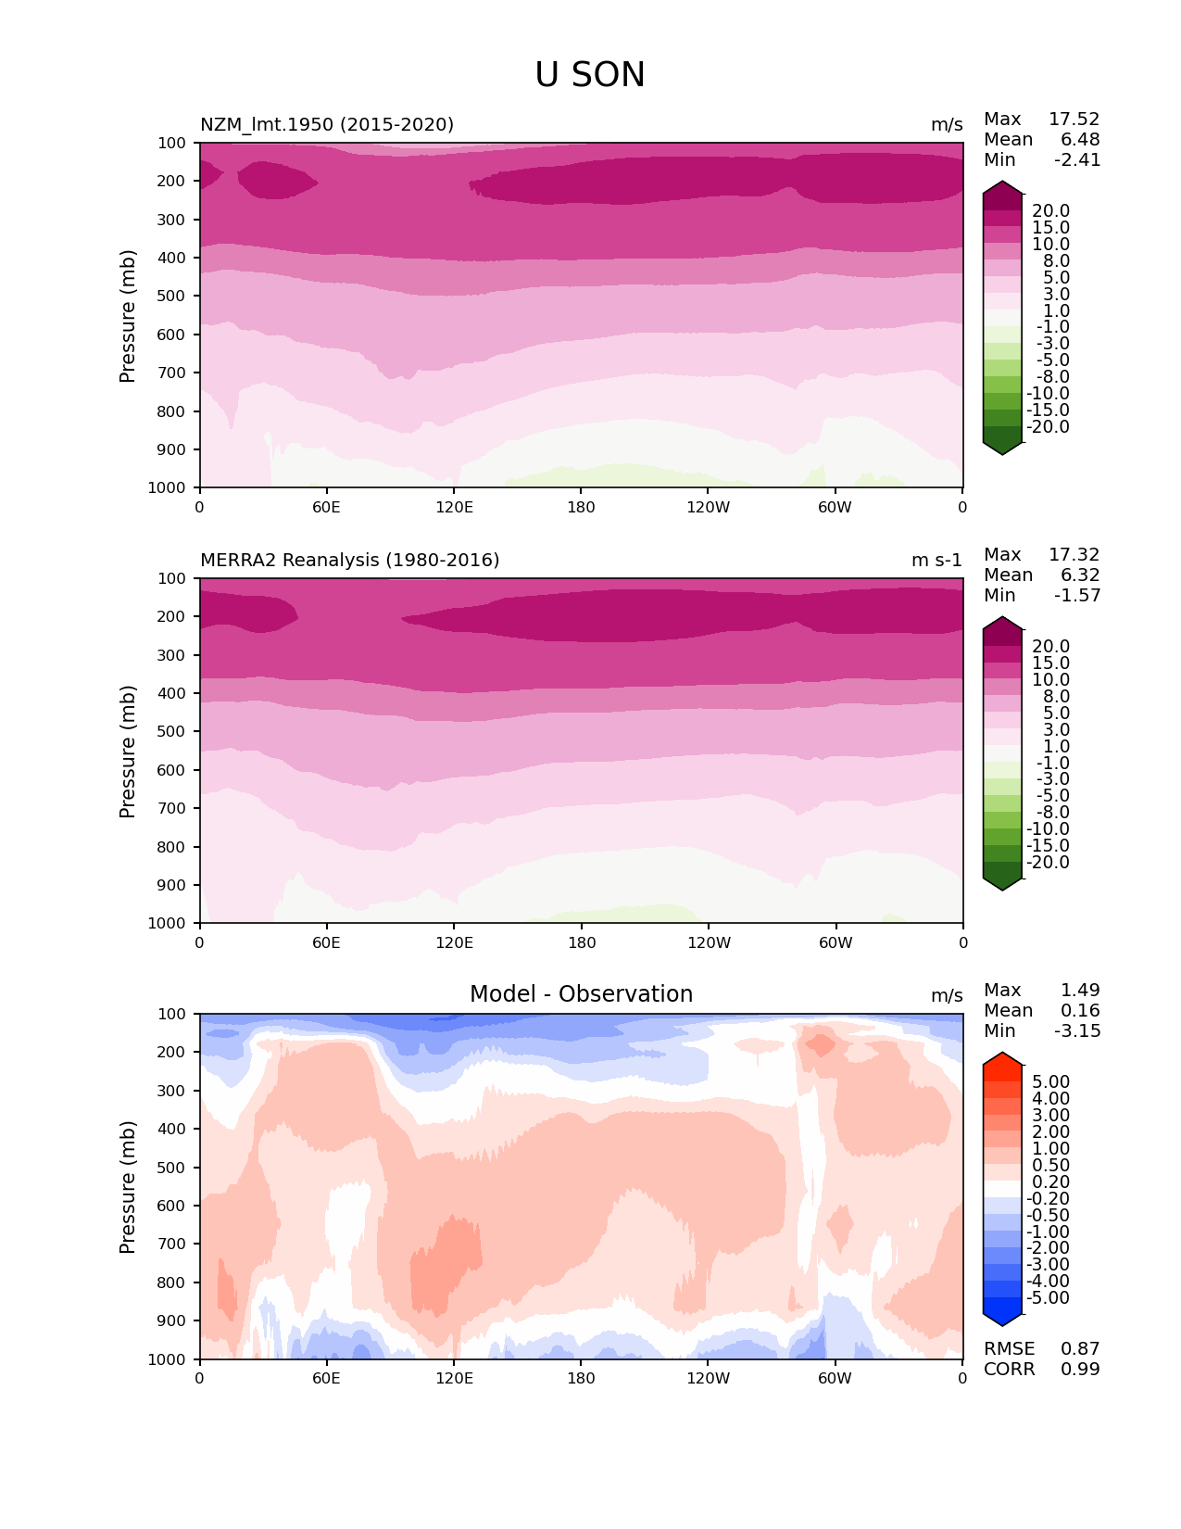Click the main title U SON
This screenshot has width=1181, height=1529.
click(590, 75)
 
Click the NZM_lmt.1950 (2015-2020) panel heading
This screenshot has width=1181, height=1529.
click(327, 124)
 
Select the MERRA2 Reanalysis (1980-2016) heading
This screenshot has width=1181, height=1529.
click(349, 560)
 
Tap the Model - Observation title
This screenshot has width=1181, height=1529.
click(581, 994)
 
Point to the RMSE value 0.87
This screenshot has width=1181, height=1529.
click(1080, 1348)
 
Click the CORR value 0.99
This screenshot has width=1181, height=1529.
click(1080, 1369)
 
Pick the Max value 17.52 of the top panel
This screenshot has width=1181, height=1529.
click(1074, 119)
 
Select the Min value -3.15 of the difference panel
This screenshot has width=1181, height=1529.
click(1077, 1030)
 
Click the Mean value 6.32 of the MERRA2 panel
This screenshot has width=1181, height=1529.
click(1080, 575)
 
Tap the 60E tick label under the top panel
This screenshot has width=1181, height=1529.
click(326, 507)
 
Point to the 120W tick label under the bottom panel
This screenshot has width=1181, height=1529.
click(709, 1378)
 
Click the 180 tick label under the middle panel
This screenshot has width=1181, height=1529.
click(581, 942)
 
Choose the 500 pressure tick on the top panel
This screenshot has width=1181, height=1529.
click(171, 296)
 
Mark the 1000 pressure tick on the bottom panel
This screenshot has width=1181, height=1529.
click(168, 1359)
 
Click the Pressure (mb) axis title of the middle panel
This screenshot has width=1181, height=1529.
click(128, 751)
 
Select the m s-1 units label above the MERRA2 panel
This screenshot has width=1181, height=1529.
click(936, 560)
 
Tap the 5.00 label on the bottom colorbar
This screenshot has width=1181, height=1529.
click(1050, 1081)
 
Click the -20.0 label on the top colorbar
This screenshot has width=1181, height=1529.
click(1048, 427)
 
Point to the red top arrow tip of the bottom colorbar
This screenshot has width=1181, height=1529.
click(1002, 1057)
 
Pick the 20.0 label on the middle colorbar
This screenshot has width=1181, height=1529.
click(1050, 646)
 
